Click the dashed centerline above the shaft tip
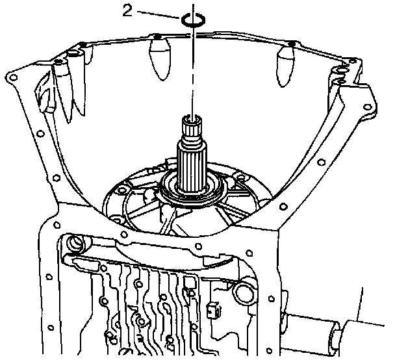(192, 71)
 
